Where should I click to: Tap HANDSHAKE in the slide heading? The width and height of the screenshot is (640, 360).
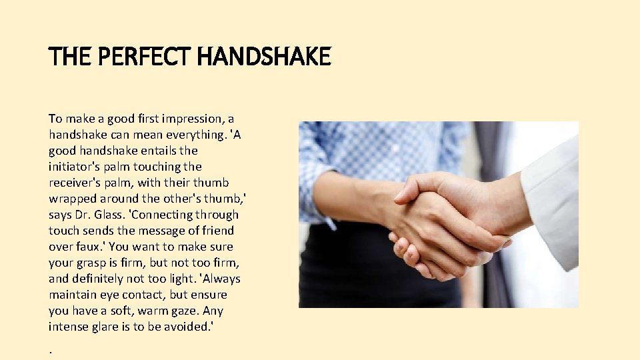point(264,57)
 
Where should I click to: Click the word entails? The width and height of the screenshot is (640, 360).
point(157,151)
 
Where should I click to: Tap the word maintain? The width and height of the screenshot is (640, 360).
point(71,295)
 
